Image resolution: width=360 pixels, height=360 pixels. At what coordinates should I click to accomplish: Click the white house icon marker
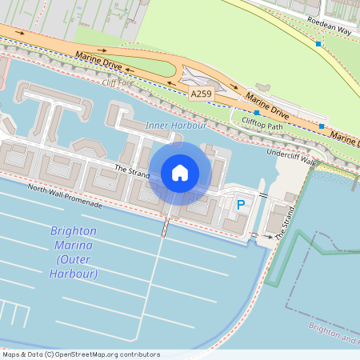pos(180,173)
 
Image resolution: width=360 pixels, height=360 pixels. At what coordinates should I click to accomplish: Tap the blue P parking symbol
pos(240,206)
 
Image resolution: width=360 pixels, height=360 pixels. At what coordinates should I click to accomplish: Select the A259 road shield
pos(202,94)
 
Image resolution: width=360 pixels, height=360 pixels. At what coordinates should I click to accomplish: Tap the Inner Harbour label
pos(176,126)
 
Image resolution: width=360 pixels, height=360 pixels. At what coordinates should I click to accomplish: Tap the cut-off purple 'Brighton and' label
pos(334,334)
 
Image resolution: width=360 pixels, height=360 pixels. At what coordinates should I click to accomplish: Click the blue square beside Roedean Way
pos(318,43)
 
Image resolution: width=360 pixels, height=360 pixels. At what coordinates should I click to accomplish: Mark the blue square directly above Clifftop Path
pos(256,113)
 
